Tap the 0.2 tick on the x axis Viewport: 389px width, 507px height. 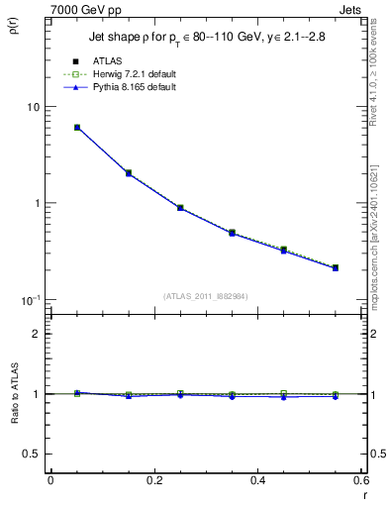pyautogui.click(x=153, y=480)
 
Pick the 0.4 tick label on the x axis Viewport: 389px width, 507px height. pyautogui.click(x=257, y=480)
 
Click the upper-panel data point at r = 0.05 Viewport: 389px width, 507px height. pyautogui.click(x=77, y=128)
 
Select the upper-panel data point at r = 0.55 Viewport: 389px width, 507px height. pyautogui.click(x=336, y=267)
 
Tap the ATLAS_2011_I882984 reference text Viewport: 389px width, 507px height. pyautogui.click(x=207, y=296)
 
